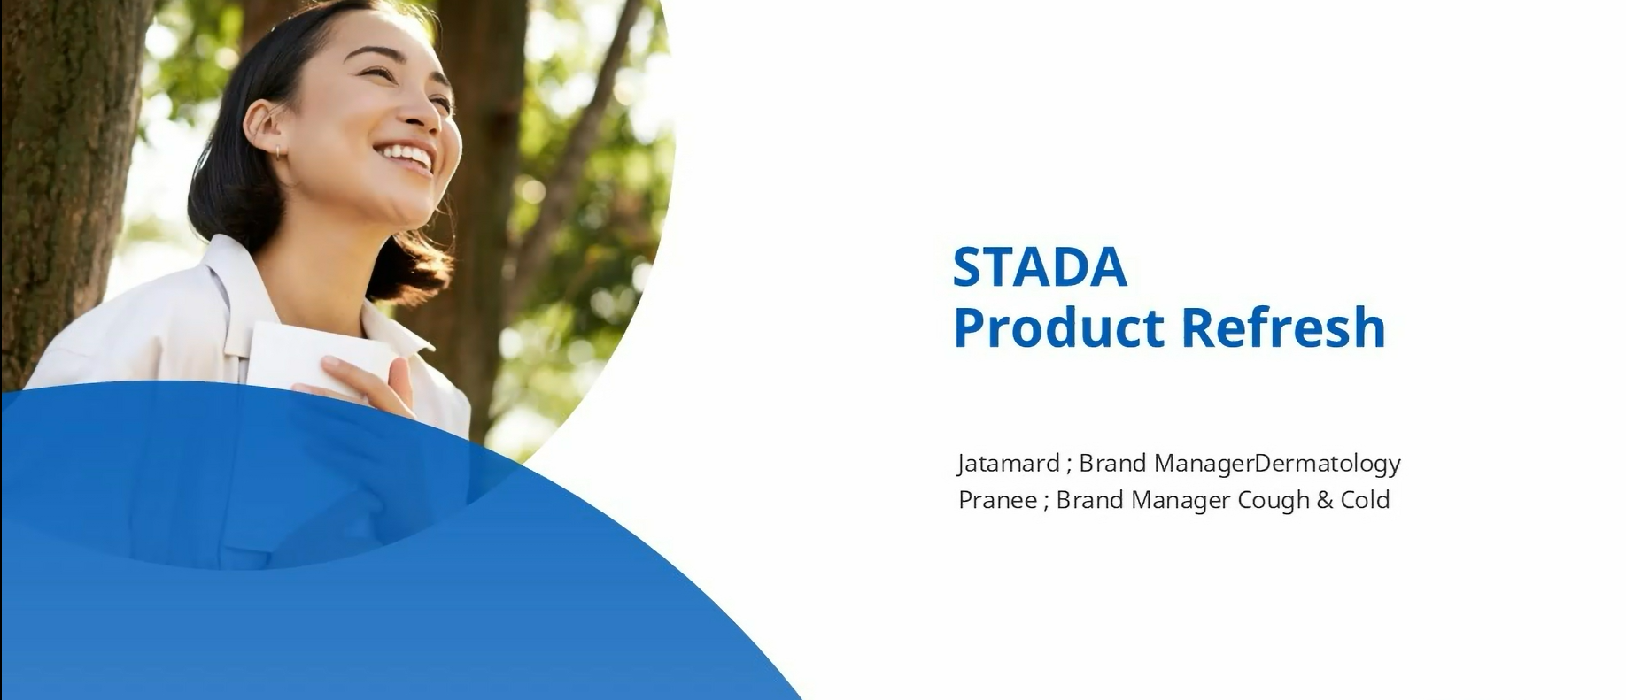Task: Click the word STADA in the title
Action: tap(1040, 266)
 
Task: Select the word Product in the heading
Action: tap(1060, 327)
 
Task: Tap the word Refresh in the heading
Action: tap(1283, 327)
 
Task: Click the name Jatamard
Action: tap(1009, 463)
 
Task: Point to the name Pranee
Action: tap(998, 500)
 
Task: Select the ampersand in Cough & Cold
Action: tap(1325, 500)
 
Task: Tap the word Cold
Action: tap(1365, 500)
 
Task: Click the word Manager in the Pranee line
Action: tap(1181, 502)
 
